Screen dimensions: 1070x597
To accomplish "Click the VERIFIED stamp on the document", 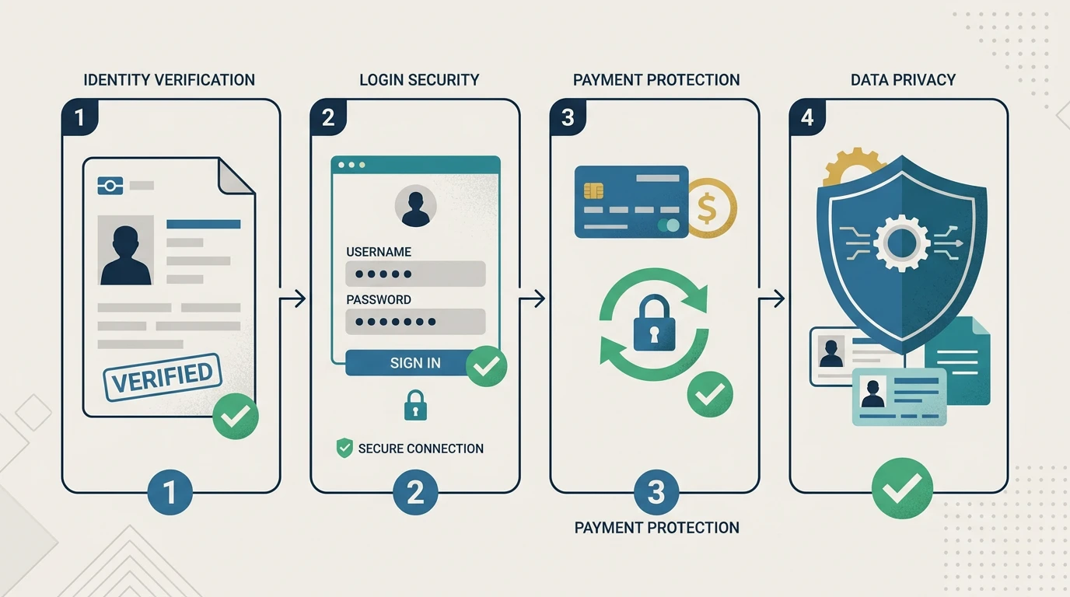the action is (x=163, y=377).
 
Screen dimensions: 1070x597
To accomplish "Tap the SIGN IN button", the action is (x=414, y=363).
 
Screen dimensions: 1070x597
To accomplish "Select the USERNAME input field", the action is (x=415, y=274).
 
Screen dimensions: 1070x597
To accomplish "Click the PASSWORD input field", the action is (x=415, y=321).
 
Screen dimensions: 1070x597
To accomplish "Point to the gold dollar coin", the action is (x=712, y=208).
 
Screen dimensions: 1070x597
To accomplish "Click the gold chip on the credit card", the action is (x=593, y=190).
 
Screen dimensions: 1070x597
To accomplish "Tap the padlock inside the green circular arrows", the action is (x=654, y=323).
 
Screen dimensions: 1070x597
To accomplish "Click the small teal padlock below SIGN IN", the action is (x=415, y=405).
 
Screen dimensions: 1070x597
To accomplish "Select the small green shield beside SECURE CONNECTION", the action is (x=344, y=448).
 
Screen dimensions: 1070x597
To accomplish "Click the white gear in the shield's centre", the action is (x=901, y=243).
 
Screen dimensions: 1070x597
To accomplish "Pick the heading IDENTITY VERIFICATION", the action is (x=169, y=80).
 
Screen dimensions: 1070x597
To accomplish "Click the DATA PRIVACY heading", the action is (x=903, y=80).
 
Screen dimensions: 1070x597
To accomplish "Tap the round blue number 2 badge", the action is (x=415, y=492).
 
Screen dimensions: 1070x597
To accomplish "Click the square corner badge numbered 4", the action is (x=807, y=117).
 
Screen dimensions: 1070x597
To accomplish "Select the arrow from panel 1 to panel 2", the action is (x=292, y=299).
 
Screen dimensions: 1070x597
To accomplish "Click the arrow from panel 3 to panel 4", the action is (x=771, y=299).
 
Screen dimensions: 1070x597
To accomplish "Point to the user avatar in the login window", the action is (x=415, y=206).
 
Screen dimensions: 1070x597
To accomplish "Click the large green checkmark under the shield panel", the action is (x=902, y=488).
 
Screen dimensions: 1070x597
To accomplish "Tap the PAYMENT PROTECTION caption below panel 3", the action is (x=656, y=528).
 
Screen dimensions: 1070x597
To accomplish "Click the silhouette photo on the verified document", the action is (x=126, y=250).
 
